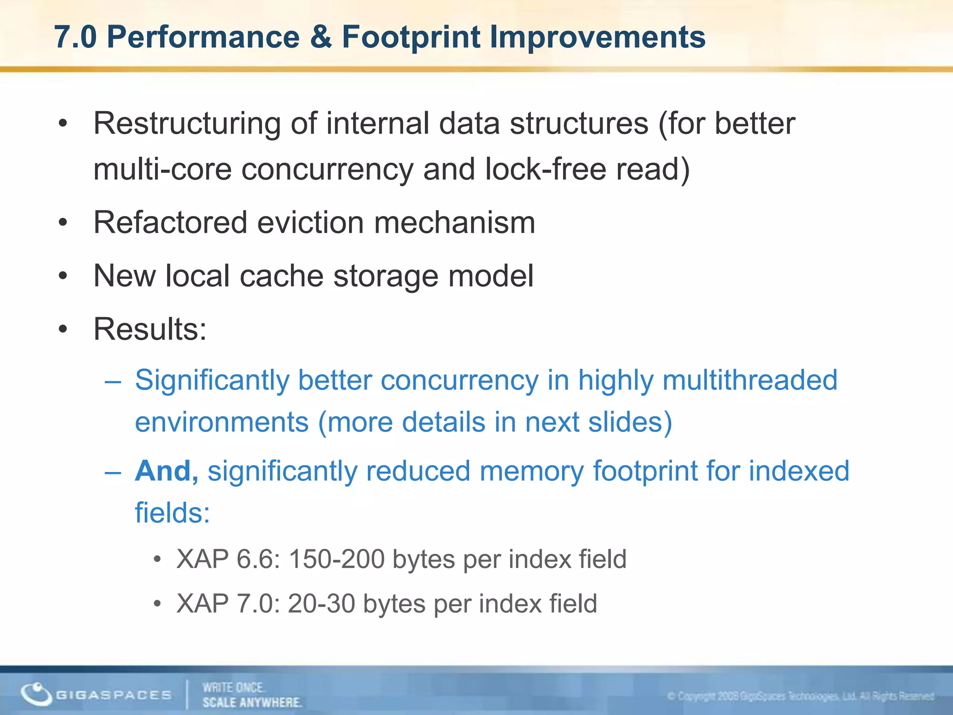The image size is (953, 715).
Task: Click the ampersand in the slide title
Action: pyautogui.click(x=321, y=37)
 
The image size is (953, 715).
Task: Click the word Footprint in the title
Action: pyautogui.click(x=411, y=37)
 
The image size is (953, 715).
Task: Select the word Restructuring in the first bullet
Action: pyautogui.click(x=187, y=124)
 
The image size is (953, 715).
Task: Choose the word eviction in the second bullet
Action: pyautogui.click(x=310, y=223)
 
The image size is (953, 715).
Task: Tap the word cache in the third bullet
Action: pyautogui.click(x=281, y=276)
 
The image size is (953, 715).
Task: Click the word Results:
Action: pyautogui.click(x=150, y=329)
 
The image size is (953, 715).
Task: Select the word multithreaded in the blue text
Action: pyautogui.click(x=750, y=380)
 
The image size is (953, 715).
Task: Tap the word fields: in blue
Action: pyautogui.click(x=172, y=513)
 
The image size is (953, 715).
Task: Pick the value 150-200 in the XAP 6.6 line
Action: pyautogui.click(x=336, y=559)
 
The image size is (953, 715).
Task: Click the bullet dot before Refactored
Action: pyautogui.click(x=63, y=223)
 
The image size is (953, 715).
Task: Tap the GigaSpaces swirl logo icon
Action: pyautogui.click(x=36, y=694)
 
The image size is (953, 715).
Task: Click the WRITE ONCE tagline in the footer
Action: pyautogui.click(x=233, y=688)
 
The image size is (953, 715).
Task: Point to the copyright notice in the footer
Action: pyautogui.click(x=800, y=696)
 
